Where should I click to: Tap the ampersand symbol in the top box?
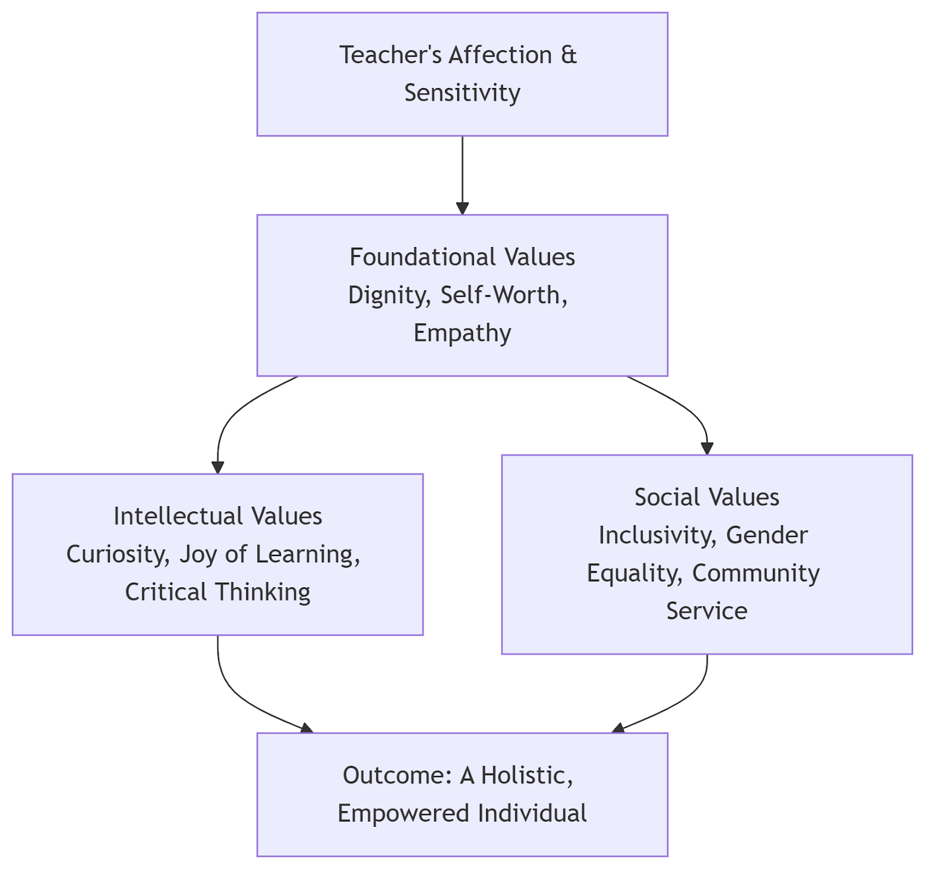click(x=568, y=56)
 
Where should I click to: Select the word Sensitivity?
click(x=462, y=93)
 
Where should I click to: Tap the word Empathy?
click(x=462, y=333)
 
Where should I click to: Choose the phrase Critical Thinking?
click(x=217, y=592)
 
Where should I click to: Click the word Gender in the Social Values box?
click(x=767, y=536)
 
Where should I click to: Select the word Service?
click(x=706, y=612)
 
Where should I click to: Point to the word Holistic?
click(x=527, y=776)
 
